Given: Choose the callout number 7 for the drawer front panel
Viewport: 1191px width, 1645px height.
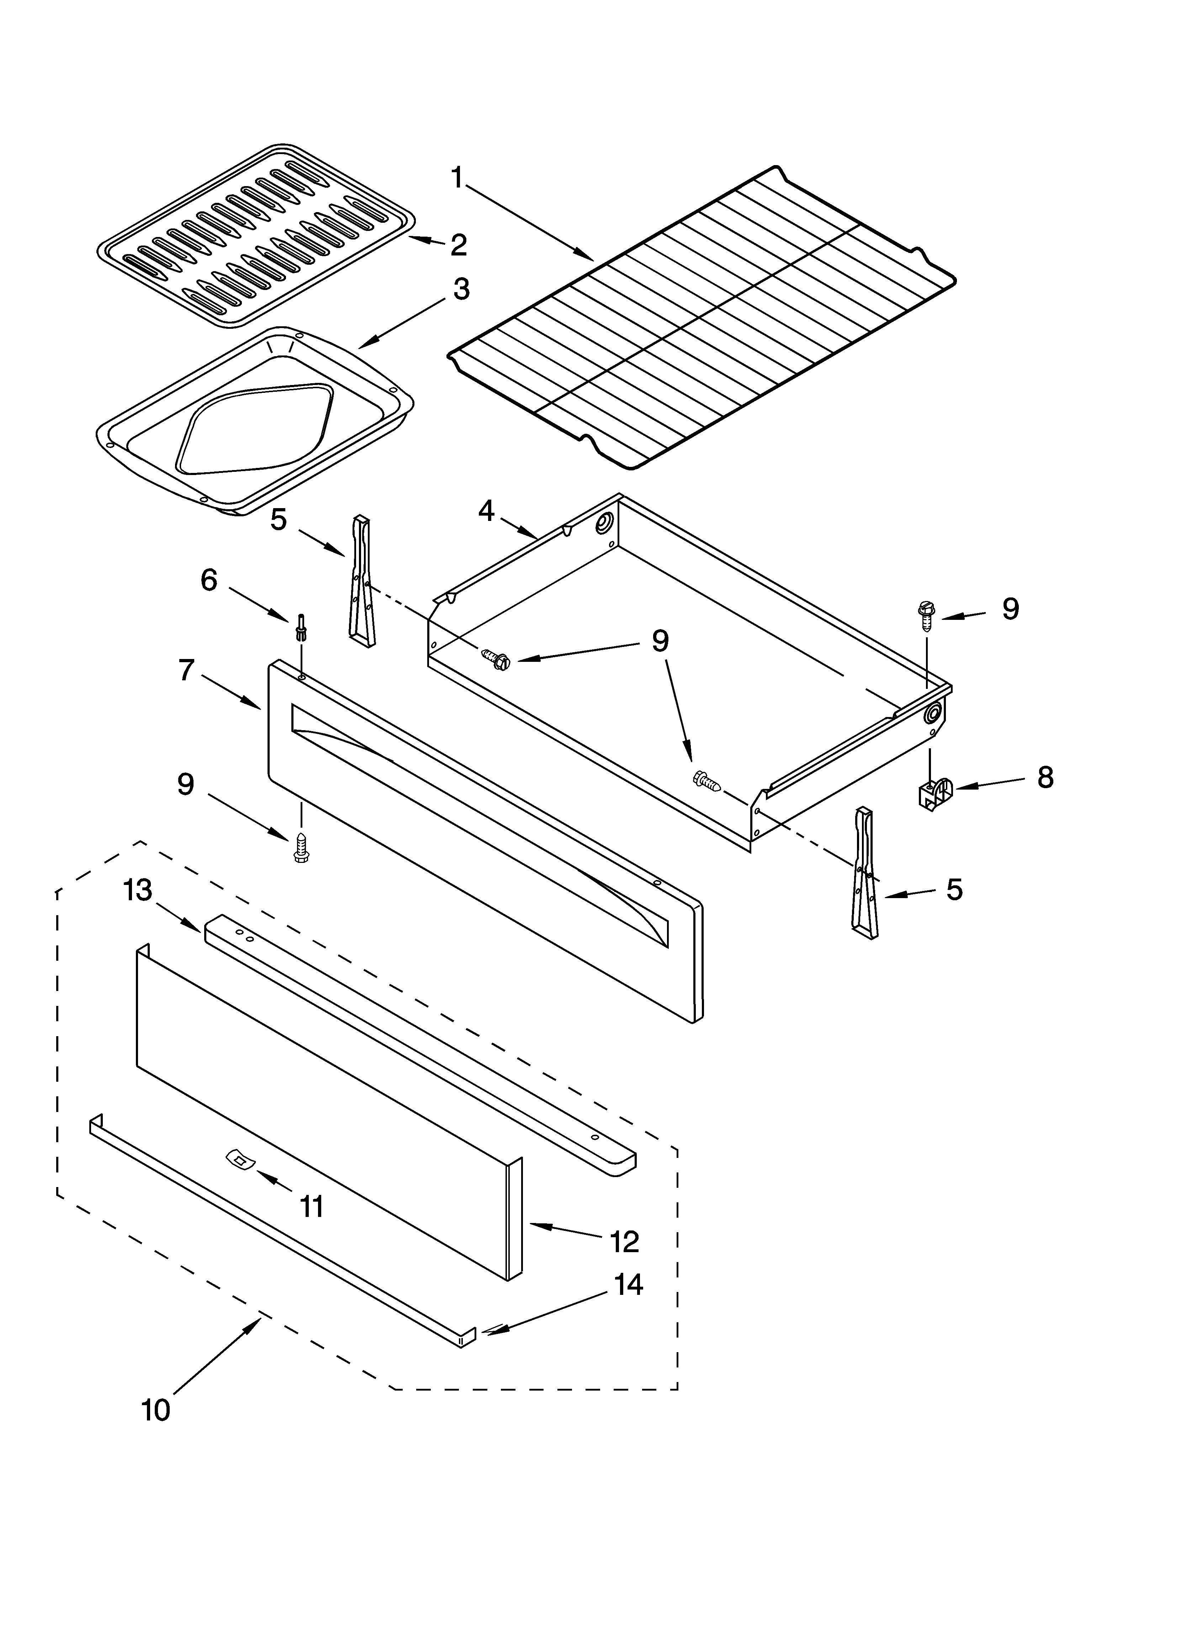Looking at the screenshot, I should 186,670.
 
